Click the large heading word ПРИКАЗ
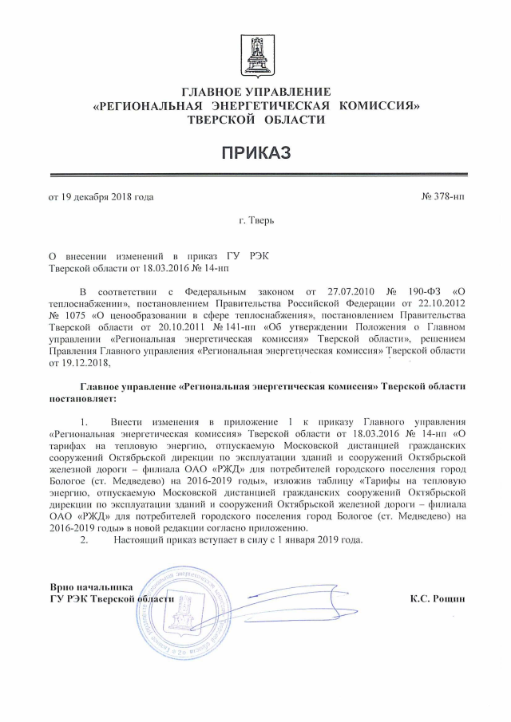click(x=255, y=152)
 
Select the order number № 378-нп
click(x=442, y=196)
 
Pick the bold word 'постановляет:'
click(x=82, y=397)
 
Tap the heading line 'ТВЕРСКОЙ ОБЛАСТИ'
click(x=255, y=119)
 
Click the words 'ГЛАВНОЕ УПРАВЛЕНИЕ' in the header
click(x=255, y=93)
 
